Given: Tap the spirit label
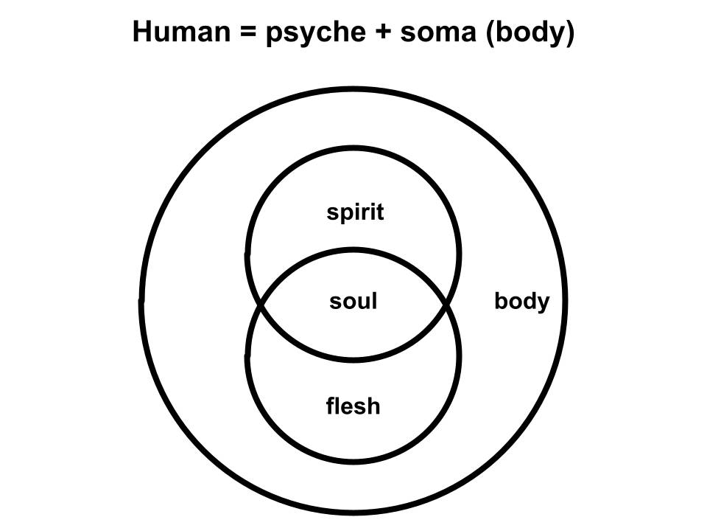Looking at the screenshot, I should pyautogui.click(x=355, y=213).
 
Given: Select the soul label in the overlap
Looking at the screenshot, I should pyautogui.click(x=353, y=301).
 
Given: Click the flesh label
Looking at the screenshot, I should pyautogui.click(x=353, y=406).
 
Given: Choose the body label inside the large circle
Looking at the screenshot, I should pyautogui.click(x=521, y=302).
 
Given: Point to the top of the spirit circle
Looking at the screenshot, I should pyautogui.click(x=353, y=149).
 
